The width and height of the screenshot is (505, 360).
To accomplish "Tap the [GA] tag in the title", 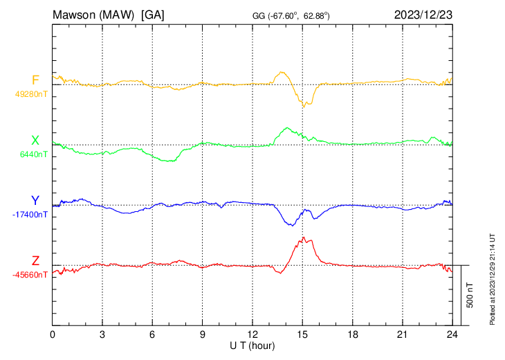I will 152,14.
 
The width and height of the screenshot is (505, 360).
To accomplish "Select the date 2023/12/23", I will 423,14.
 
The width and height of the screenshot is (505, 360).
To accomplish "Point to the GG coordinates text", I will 291,15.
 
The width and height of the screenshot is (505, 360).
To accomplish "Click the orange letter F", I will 35,80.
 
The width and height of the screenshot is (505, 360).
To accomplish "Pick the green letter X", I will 35,141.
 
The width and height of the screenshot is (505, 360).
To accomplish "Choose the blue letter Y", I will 35,201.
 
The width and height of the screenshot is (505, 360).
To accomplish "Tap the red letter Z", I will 35,261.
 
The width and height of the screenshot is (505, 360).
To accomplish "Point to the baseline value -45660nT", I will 30,275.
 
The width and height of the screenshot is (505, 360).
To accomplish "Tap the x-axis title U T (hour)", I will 252,345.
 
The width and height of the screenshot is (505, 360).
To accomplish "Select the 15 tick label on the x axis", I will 302,334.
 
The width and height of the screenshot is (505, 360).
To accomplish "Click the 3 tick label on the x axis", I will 102,334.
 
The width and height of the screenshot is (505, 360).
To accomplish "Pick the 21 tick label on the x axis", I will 402,334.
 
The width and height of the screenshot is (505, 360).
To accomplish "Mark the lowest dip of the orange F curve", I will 303,107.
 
